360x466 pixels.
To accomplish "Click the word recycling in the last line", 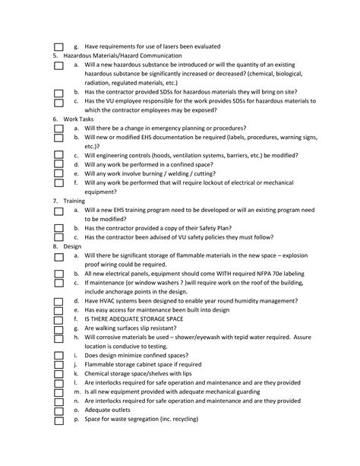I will (x=183, y=419).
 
